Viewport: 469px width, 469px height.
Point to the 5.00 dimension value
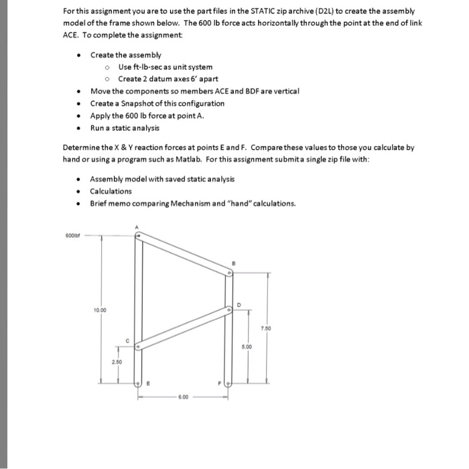pyautogui.click(x=249, y=346)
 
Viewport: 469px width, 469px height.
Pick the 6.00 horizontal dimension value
pyautogui.click(x=182, y=396)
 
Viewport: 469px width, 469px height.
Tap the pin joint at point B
pyautogui.click(x=228, y=273)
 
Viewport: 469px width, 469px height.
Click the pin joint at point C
pyautogui.click(x=138, y=347)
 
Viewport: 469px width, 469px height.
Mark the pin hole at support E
pyautogui.click(x=138, y=384)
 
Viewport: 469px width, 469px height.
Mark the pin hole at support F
pyautogui.click(x=228, y=384)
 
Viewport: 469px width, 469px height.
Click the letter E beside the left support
pyautogui.click(x=148, y=384)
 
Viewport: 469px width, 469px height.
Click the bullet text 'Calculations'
pyautogui.click(x=111, y=191)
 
